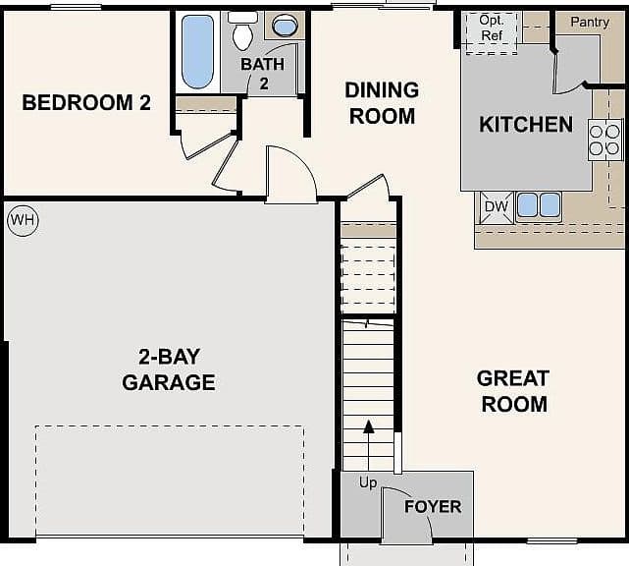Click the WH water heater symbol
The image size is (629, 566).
click(x=23, y=220)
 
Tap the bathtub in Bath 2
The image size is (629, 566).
click(x=197, y=52)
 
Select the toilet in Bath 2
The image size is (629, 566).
click(x=242, y=30)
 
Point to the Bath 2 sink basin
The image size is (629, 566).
click(x=285, y=26)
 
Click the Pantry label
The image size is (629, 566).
click(x=590, y=22)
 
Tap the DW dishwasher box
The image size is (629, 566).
click(x=497, y=207)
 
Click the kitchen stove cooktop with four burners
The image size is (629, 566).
click(x=604, y=140)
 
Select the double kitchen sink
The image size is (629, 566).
click(x=539, y=205)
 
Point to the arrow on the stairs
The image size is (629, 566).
click(x=368, y=445)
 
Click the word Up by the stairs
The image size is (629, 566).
click(x=368, y=482)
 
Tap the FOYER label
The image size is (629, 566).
click(x=433, y=506)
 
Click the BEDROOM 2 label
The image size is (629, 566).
click(x=86, y=102)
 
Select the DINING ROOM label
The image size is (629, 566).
click(x=382, y=103)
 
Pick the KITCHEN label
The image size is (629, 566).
click(x=526, y=124)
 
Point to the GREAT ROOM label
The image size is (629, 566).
click(x=513, y=391)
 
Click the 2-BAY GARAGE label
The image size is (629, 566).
click(x=169, y=369)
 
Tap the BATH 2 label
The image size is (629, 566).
click(x=263, y=74)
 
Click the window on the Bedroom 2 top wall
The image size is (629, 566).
click(x=76, y=7)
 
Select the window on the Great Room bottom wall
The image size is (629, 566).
click(x=551, y=541)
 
